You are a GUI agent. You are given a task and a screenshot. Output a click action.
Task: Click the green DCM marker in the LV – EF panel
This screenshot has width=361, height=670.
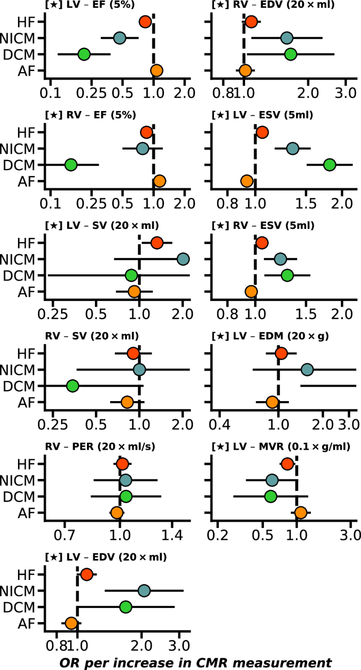tap(84, 54)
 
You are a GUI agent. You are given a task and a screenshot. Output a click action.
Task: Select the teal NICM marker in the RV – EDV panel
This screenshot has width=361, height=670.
tap(287, 38)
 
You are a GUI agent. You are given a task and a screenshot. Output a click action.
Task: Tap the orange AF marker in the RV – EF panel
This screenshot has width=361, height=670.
tap(160, 181)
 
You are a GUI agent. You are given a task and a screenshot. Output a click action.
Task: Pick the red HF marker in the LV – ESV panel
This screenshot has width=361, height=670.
tap(262, 132)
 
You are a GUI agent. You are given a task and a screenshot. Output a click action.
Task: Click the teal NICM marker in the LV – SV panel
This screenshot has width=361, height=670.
tap(183, 259)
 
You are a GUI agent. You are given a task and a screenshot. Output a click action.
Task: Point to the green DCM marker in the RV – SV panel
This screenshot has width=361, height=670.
tap(73, 386)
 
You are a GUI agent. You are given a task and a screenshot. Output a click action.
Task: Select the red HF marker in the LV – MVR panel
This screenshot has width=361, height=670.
tap(287, 464)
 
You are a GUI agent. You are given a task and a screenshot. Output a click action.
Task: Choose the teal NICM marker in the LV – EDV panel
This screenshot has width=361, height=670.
tap(144, 591)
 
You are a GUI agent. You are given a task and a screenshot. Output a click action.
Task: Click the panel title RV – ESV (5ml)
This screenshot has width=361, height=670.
tap(262, 226)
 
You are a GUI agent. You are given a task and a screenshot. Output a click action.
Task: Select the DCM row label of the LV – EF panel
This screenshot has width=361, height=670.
tap(19, 54)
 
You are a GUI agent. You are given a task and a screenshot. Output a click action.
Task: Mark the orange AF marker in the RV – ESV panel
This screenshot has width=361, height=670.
tap(251, 291)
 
